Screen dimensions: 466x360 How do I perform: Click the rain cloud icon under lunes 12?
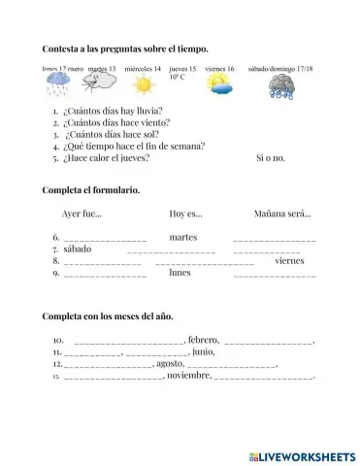[x=58, y=86]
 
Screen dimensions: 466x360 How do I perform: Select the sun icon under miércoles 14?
[x=143, y=85]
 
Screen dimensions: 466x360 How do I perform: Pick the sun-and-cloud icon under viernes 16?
[x=219, y=85]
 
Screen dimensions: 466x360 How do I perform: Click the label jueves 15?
[x=181, y=69]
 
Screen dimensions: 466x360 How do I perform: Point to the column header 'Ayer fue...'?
[x=82, y=214]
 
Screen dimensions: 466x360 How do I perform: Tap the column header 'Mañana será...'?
[x=282, y=214]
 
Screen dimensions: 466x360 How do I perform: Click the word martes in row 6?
[x=182, y=237]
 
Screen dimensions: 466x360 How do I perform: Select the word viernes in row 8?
[x=289, y=260]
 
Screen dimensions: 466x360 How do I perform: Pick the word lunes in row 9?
[x=180, y=273]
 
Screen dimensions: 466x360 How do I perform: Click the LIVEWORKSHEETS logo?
[x=302, y=454]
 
